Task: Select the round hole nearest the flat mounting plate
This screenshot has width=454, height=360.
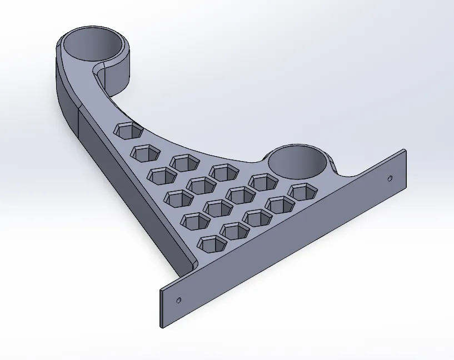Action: coord(300,161)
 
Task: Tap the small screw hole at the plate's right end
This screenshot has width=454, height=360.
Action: coord(389,179)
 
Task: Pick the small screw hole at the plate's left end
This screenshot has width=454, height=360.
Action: coord(178,300)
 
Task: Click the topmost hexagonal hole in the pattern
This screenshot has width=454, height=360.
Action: coord(128,131)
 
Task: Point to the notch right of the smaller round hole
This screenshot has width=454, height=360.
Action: coord(336,167)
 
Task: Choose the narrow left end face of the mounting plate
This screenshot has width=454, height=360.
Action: coord(161,308)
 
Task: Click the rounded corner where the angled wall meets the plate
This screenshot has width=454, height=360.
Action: coord(192,263)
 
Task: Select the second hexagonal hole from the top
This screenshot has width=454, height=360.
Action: coord(146,152)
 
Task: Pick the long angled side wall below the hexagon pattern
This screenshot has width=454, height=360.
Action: coord(128,189)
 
